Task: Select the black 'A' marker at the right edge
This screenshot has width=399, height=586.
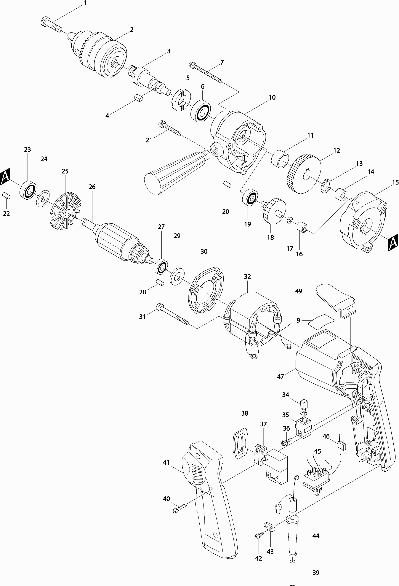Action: point(393,243)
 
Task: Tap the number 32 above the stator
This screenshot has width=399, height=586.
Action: point(247,276)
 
